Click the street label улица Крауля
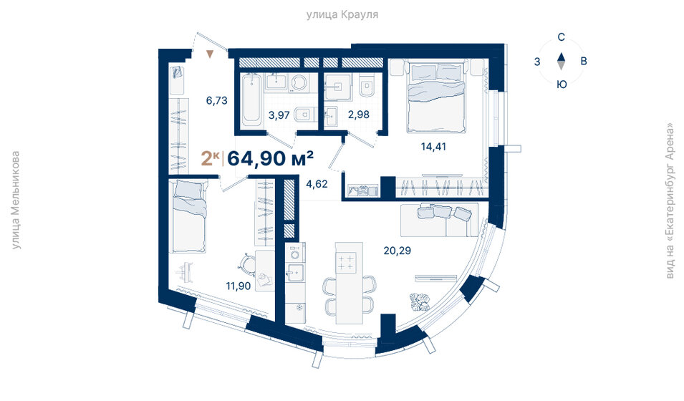coord(342,14)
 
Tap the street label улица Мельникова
coord(16,200)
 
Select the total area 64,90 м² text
coord(271,158)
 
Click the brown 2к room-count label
coord(211,158)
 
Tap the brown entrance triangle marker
coord(210,54)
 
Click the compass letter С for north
coord(562,37)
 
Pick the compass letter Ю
coord(562,84)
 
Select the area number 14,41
coord(435,148)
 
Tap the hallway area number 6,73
coord(216,101)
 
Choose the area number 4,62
coord(317,183)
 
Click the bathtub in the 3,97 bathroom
coord(250,100)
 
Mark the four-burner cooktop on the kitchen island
coord(347,263)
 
